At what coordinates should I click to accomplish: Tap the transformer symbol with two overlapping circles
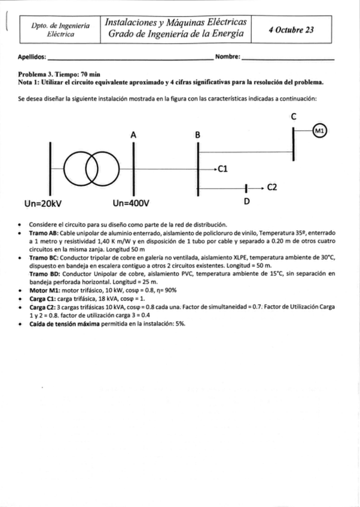click(94, 162)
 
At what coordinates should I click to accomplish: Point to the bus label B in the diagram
click(198, 136)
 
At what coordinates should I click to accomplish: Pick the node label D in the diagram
click(246, 203)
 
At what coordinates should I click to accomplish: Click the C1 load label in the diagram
click(224, 169)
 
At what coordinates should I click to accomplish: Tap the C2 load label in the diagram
click(271, 187)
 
